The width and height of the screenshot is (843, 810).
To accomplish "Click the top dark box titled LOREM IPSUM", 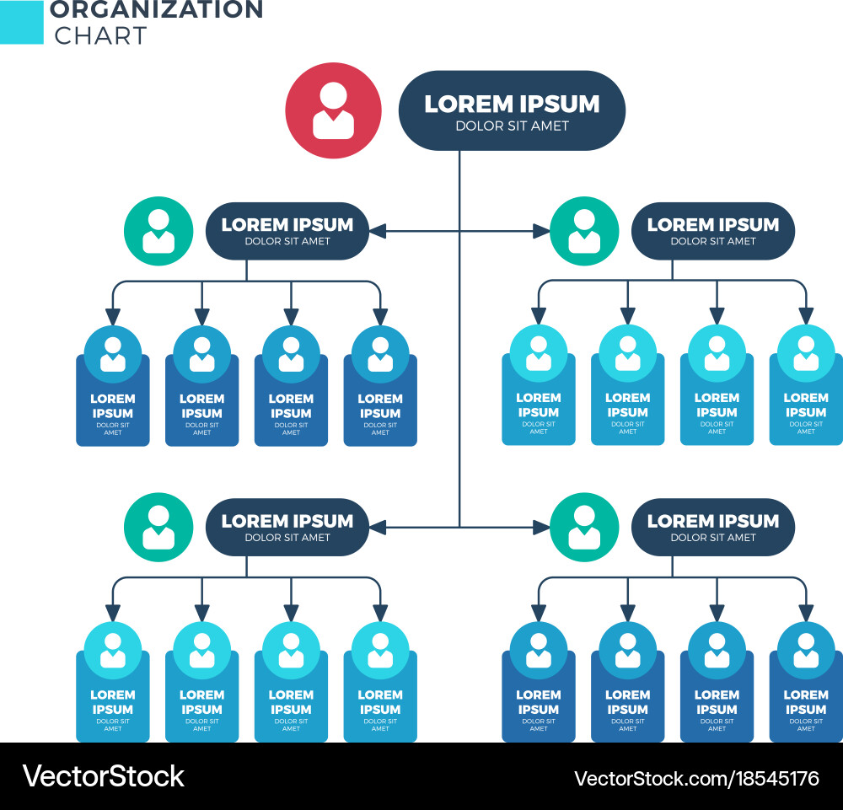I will click(x=512, y=110).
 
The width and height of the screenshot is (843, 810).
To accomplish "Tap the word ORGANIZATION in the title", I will click(x=156, y=11).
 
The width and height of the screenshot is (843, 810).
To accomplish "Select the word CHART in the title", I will click(x=100, y=35).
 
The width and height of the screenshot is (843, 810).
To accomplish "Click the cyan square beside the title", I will click(x=21, y=22).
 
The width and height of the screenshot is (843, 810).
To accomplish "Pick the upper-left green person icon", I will click(x=158, y=231).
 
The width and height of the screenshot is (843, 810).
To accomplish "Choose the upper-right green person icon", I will click(x=584, y=231).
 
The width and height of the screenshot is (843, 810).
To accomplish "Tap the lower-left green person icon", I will click(x=158, y=528).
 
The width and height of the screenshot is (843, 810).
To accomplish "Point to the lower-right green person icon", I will click(x=584, y=528).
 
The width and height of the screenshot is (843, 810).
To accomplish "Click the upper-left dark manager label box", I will click(x=287, y=231).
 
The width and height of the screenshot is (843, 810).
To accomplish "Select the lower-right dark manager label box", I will click(x=712, y=528).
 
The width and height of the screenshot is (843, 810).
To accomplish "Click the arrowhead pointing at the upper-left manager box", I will click(x=377, y=231).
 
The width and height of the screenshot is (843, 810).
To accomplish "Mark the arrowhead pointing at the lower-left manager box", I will click(x=377, y=528).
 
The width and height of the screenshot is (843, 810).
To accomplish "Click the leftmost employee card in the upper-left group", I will click(x=113, y=396).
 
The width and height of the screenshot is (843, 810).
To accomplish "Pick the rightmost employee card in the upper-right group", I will click(x=806, y=396).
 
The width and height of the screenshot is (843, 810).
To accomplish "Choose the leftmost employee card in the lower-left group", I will click(x=113, y=691).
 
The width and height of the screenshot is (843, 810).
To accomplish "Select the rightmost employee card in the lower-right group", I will click(x=806, y=691).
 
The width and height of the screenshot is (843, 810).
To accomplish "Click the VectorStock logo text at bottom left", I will click(x=103, y=776).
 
